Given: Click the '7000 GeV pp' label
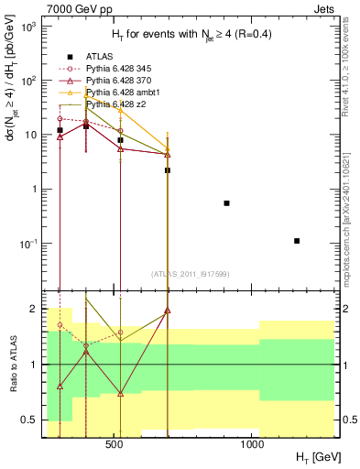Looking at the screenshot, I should click(x=72, y=8).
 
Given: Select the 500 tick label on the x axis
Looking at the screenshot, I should click(x=115, y=444).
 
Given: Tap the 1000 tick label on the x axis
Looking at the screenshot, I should click(x=252, y=444).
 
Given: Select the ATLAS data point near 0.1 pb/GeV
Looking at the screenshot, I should click(x=297, y=241).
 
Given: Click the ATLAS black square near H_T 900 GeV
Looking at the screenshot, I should click(x=226, y=202).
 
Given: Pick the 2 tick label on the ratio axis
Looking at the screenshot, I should click(x=37, y=309).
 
